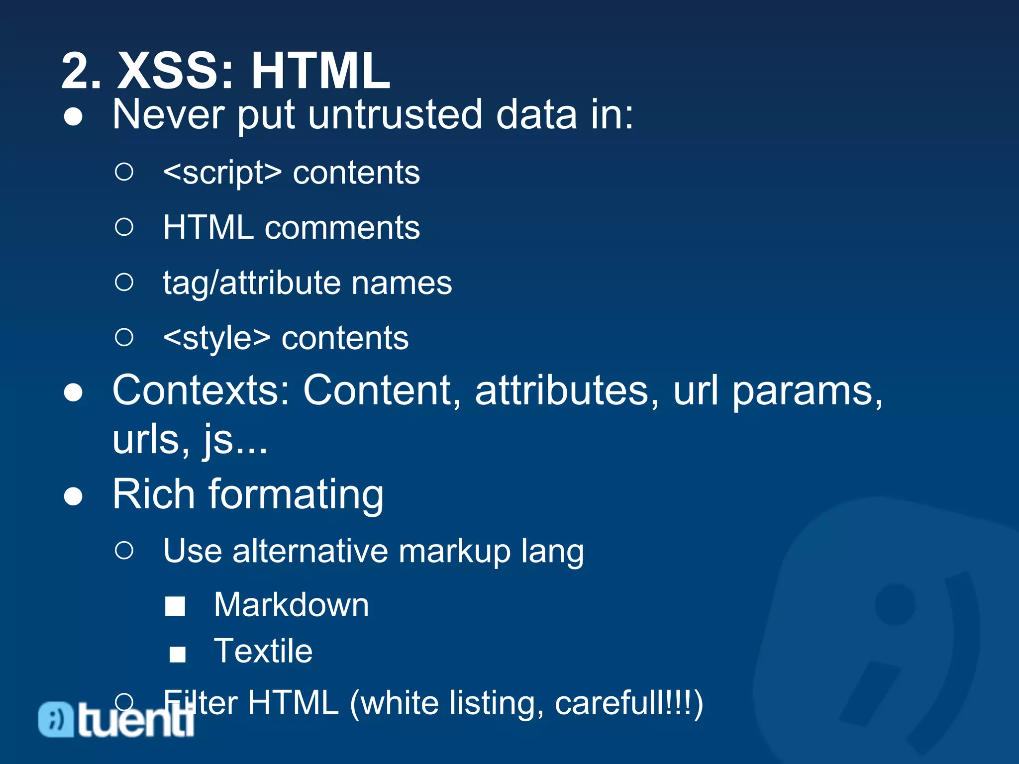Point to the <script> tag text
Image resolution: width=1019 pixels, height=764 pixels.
(x=222, y=173)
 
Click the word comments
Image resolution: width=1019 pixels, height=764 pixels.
(x=342, y=228)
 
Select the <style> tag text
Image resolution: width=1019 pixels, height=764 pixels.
(x=217, y=338)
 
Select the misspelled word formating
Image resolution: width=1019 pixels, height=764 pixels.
(x=296, y=495)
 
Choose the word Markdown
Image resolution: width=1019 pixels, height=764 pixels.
(x=292, y=605)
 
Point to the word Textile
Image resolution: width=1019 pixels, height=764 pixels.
(x=263, y=651)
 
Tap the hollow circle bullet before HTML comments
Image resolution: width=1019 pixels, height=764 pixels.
(x=124, y=227)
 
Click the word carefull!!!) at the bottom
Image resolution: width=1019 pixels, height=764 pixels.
(x=628, y=703)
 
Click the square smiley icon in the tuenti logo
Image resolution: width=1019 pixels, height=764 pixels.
(x=56, y=719)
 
